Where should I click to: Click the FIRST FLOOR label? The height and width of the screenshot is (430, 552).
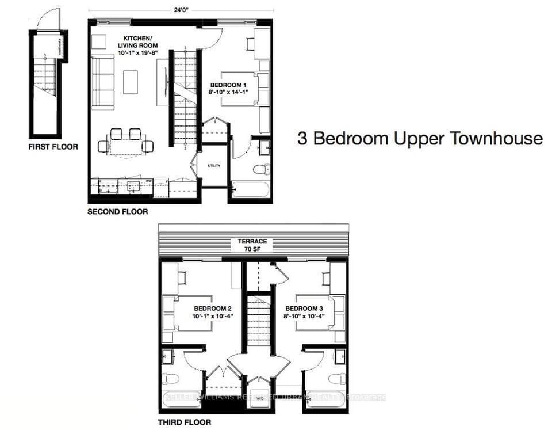(53, 147)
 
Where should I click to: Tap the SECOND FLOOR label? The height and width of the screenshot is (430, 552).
(117, 212)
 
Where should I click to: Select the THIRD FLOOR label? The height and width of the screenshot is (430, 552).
(184, 422)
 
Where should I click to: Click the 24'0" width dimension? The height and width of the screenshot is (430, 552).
(180, 9)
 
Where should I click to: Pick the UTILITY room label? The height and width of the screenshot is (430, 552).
(214, 166)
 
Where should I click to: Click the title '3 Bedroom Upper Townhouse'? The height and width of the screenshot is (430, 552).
(420, 139)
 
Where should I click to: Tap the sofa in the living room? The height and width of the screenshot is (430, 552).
(102, 82)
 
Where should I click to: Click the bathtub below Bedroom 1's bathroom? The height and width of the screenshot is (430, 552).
(250, 189)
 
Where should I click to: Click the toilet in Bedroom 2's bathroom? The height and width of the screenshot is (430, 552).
(171, 378)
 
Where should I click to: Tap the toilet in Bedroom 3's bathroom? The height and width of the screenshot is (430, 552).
(336, 378)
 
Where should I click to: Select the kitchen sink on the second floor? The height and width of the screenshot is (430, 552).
(133, 186)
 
